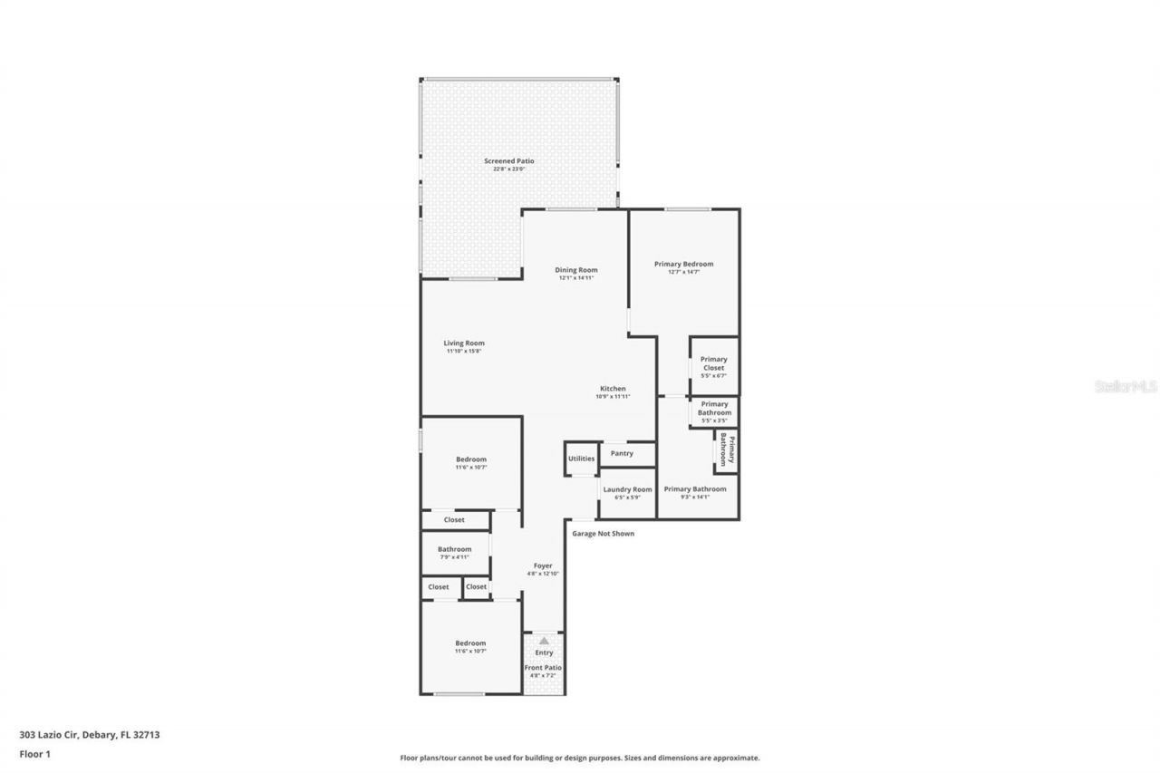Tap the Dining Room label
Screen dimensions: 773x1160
pyautogui.click(x=576, y=270)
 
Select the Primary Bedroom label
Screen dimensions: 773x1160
pyautogui.click(x=684, y=265)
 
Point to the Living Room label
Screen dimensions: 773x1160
pyautogui.click(x=464, y=343)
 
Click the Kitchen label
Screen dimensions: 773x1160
pyautogui.click(x=613, y=389)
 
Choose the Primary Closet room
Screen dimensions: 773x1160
pyautogui.click(x=714, y=364)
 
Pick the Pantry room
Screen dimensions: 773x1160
pyautogui.click(x=622, y=453)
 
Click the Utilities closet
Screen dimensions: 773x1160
pyautogui.click(x=581, y=459)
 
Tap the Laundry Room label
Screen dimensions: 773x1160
pyautogui.click(x=627, y=489)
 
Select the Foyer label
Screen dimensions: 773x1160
pyautogui.click(x=543, y=566)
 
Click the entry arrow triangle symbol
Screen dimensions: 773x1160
pyautogui.click(x=544, y=641)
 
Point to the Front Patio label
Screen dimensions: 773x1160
pyautogui.click(x=544, y=668)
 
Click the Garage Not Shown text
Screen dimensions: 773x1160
pyautogui.click(x=604, y=534)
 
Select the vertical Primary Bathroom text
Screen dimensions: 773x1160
pyautogui.click(x=727, y=449)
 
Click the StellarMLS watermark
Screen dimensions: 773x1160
pyautogui.click(x=1126, y=386)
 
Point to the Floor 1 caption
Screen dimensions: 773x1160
pyautogui.click(x=34, y=753)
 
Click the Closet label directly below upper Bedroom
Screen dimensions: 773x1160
pyautogui.click(x=454, y=520)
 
